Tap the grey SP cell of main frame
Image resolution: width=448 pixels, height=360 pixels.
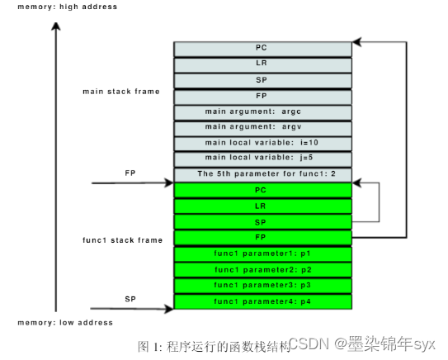tap(262, 80)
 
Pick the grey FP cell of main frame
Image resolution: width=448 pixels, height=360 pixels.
tap(262, 96)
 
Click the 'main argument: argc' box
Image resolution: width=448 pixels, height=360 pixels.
tap(262, 111)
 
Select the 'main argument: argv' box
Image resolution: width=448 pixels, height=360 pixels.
tap(262, 127)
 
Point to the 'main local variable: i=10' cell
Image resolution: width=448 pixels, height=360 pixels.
tap(262, 143)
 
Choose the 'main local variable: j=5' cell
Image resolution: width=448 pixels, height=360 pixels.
tap(262, 159)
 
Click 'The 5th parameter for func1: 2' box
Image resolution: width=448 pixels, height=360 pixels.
tap(262, 174)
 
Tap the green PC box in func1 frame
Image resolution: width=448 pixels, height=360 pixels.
tap(262, 190)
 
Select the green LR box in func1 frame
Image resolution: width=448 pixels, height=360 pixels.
tap(262, 206)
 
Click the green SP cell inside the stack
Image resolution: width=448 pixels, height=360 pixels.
tap(262, 222)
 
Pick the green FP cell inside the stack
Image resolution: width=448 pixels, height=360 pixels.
tap(262, 238)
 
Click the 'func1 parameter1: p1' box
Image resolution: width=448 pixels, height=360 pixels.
tap(262, 253)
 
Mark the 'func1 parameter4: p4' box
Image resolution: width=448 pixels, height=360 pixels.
tap(262, 301)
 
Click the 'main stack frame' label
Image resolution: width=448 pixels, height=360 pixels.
tap(121, 91)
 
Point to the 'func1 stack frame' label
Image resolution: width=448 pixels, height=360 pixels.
tap(120, 239)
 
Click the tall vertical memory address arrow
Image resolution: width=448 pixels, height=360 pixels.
tap(55, 165)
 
